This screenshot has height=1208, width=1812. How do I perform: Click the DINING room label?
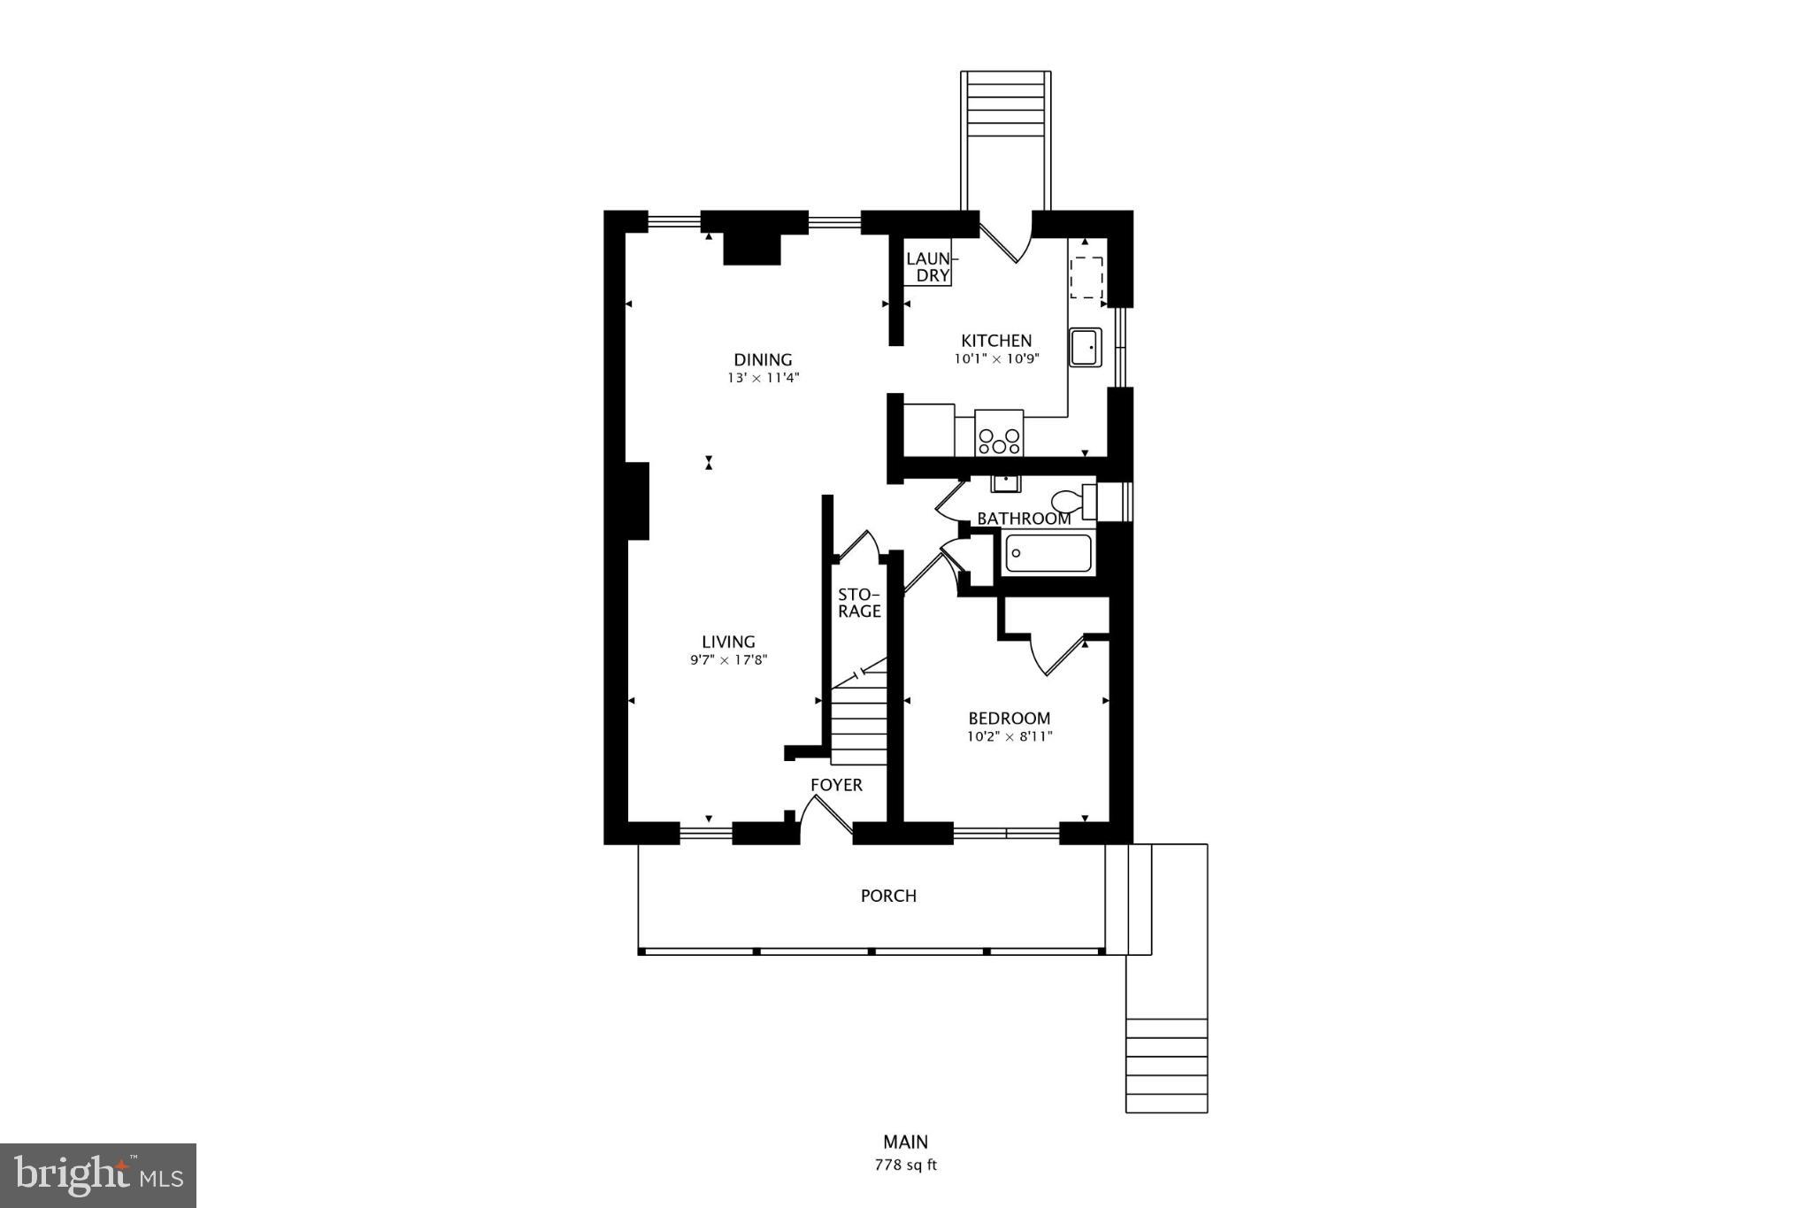[x=763, y=359]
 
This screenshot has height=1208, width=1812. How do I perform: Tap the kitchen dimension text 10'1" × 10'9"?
[x=995, y=359]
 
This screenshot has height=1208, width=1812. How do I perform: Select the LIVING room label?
[x=728, y=642]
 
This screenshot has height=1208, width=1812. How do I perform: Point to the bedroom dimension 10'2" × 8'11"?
[x=1010, y=736]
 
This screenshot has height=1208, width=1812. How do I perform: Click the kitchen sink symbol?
[x=1085, y=347]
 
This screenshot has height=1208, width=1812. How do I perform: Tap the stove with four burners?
[x=999, y=434]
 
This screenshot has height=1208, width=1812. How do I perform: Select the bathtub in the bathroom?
[x=1048, y=554]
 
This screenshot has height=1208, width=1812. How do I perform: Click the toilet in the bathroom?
[x=1075, y=502]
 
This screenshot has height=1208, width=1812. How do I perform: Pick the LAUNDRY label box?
[x=928, y=266]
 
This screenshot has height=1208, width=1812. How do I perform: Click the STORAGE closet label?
[x=859, y=603]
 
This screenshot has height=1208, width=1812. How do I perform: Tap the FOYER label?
[x=836, y=785]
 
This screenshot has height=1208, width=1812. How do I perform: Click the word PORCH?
[x=888, y=896]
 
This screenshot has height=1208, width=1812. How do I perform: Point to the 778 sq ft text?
[x=905, y=1165]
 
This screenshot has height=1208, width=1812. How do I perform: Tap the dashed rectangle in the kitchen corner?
[x=1086, y=277]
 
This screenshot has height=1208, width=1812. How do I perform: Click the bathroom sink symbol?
[x=1006, y=482]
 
